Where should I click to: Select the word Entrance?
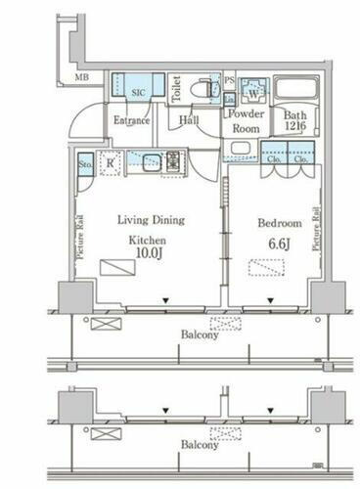(130, 120)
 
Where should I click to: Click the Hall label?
(190, 120)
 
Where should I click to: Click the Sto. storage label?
(84, 164)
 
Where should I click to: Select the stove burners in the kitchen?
(175, 162)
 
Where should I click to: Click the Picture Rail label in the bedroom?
(317, 228)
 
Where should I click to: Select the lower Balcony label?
(200, 444)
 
